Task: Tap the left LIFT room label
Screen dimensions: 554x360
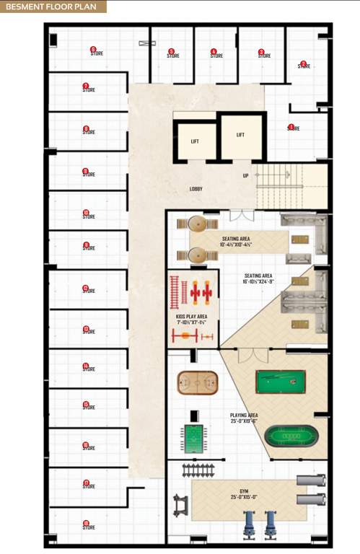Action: coord(195,141)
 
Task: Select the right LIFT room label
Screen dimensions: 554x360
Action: coord(240,135)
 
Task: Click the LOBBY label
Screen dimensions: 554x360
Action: coord(196,189)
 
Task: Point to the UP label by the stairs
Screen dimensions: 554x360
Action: coord(245,175)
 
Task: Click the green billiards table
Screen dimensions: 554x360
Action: coord(281,381)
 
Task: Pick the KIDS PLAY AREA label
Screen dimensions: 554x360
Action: coord(192,316)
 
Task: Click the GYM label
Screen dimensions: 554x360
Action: coord(244,491)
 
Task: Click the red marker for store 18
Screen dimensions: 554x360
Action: coord(86,523)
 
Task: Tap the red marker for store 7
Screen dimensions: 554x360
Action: coord(86,86)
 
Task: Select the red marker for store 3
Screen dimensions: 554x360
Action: coord(261,51)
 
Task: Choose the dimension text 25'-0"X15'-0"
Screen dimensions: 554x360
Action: coord(244,497)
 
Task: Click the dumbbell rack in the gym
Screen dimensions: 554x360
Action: coord(199,470)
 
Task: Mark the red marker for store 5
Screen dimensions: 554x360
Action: coord(171,50)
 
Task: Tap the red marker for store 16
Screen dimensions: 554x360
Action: coord(86,444)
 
